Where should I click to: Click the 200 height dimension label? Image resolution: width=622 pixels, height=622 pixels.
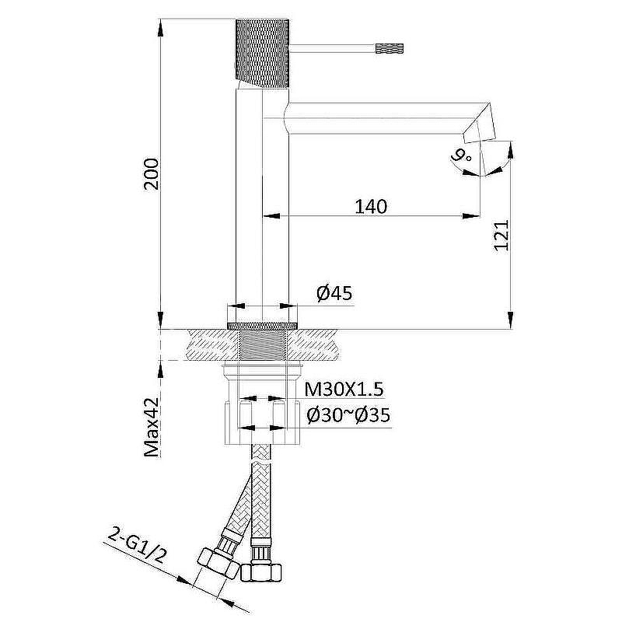(152, 173)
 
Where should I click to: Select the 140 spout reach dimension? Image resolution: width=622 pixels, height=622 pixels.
(371, 207)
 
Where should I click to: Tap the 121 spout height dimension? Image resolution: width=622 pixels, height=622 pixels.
(501, 236)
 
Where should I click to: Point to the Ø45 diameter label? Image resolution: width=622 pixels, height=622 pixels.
(334, 294)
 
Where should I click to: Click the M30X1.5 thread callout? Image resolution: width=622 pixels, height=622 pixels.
(344, 390)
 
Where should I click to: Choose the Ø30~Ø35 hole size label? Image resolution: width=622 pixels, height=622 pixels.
(348, 416)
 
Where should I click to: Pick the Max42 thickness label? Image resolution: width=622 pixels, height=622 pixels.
(152, 427)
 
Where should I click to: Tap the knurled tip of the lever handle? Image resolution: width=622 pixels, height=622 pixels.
(390, 48)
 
